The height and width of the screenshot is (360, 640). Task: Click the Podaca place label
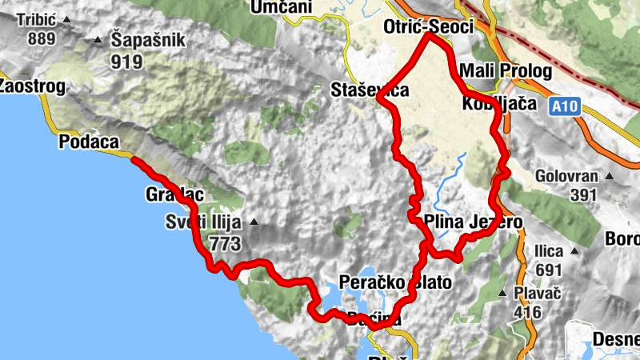[x=89, y=142]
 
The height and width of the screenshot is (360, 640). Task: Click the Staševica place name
[x=370, y=90]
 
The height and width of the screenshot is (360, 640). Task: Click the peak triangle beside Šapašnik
[x=98, y=38]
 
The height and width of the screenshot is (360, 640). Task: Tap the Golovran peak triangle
[x=609, y=176]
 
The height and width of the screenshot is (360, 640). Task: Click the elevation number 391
[x=585, y=194]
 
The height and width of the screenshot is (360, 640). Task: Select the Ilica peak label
[x=550, y=250]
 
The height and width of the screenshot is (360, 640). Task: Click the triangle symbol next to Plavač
[x=502, y=294]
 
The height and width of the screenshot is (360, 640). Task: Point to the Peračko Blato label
[x=395, y=282]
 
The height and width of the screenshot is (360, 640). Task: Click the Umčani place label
[x=280, y=7]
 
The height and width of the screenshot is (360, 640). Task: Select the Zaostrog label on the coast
[x=30, y=85]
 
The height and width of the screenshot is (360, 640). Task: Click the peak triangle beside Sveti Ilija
[x=254, y=222]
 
